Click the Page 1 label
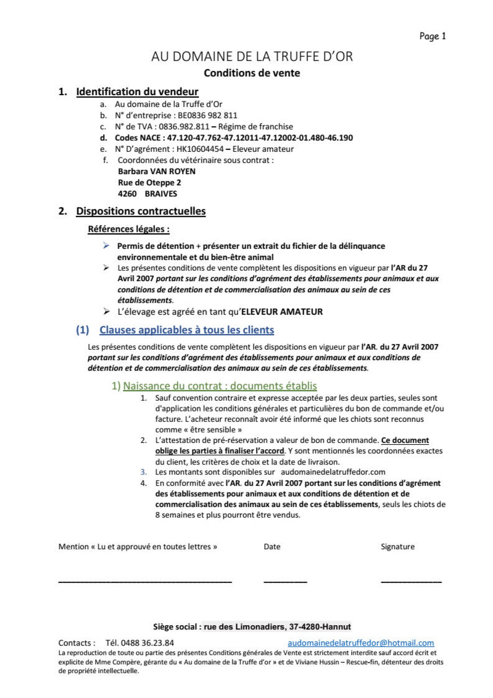click(432, 36)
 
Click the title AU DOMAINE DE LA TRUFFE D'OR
click(252, 57)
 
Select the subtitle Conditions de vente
click(252, 73)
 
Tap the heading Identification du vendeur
click(137, 92)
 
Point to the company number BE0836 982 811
click(207, 116)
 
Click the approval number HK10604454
click(200, 149)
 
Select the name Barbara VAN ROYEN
click(157, 171)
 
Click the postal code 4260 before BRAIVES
click(127, 194)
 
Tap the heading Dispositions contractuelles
click(141, 211)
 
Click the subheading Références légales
click(129, 229)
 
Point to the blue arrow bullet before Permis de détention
click(106, 246)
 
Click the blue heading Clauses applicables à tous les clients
click(187, 330)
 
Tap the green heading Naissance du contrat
click(220, 386)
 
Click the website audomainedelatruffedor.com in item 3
click(333, 472)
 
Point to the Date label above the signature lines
click(272, 547)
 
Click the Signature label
click(397, 547)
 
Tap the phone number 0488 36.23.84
click(147, 643)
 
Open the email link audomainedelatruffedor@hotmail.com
click(361, 643)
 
